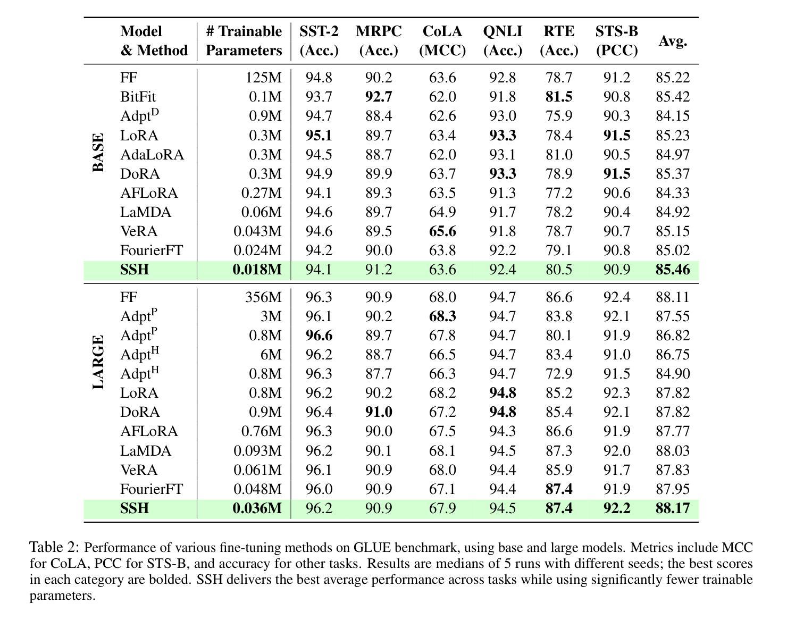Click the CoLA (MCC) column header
(x=442, y=40)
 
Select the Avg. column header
(x=673, y=41)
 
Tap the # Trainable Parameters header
(x=244, y=40)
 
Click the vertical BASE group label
(x=98, y=153)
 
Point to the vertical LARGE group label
(x=98, y=362)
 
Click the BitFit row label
(x=138, y=97)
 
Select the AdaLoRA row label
(x=152, y=154)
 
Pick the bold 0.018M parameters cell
(x=257, y=270)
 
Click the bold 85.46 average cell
(x=673, y=270)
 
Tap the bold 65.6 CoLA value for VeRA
(x=442, y=231)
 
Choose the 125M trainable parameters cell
(x=264, y=78)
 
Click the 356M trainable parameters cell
(x=264, y=297)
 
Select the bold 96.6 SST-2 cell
(x=319, y=336)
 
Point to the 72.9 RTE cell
(x=559, y=374)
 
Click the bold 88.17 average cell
(x=673, y=508)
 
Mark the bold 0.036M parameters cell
(x=257, y=508)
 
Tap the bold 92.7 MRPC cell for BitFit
(x=379, y=97)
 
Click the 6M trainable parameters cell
(x=271, y=355)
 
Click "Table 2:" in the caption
(x=54, y=548)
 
